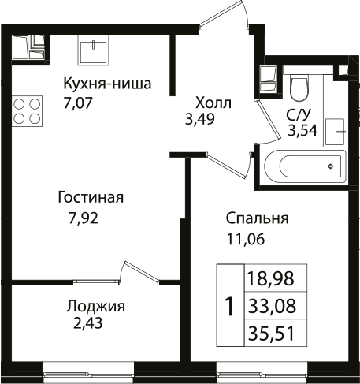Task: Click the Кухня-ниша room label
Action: click(106, 84)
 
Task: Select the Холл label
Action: click(213, 103)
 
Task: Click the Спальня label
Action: click(257, 218)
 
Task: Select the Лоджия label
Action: click(95, 307)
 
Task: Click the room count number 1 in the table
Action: click(229, 305)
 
